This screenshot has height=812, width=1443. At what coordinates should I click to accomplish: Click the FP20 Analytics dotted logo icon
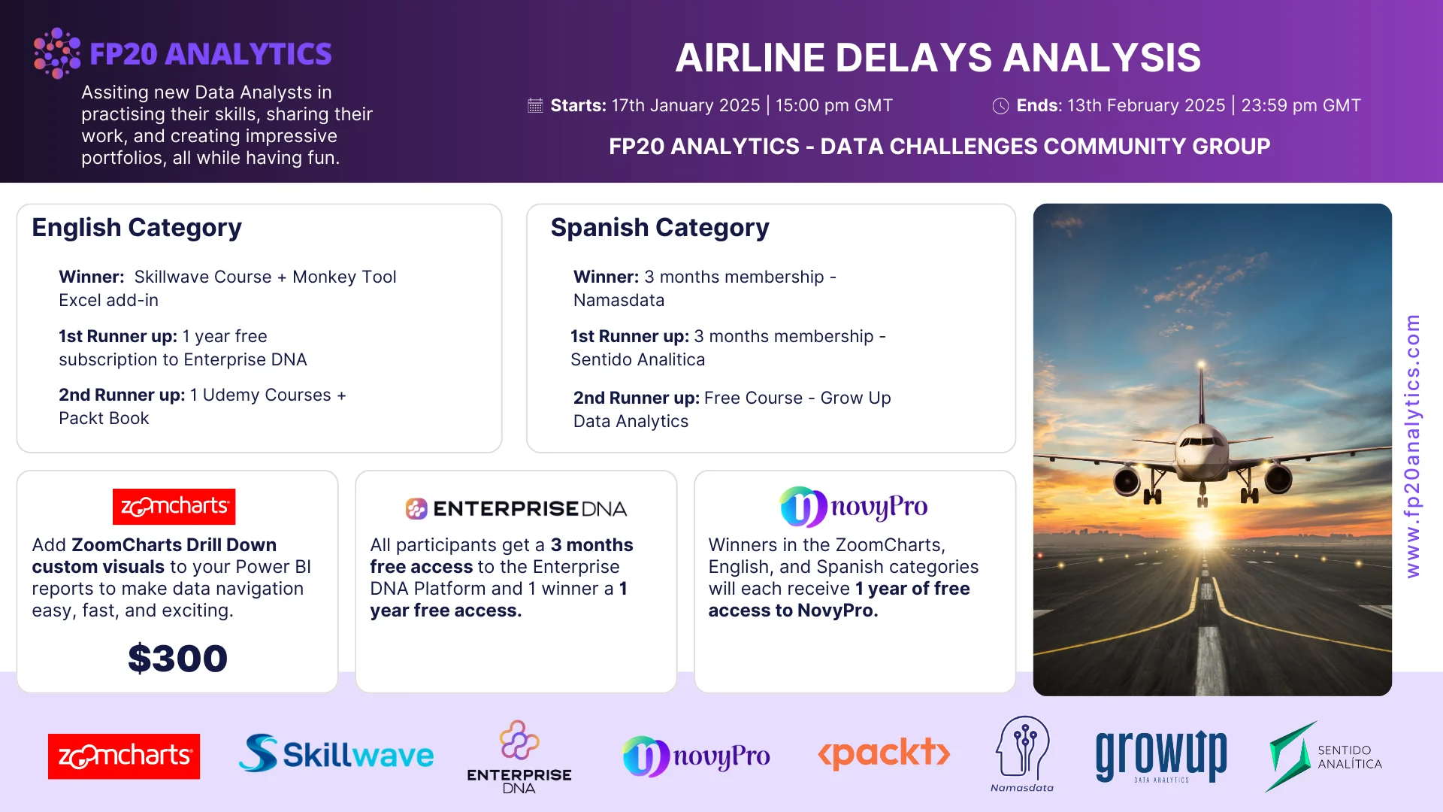[57, 53]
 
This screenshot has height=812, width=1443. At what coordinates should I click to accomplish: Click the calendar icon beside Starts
[535, 105]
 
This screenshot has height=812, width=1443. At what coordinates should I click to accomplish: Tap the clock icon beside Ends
[1000, 106]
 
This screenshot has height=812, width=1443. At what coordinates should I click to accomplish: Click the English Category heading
[137, 227]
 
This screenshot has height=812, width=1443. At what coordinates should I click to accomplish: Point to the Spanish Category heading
[660, 227]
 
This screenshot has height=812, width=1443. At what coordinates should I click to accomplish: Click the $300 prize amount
[177, 658]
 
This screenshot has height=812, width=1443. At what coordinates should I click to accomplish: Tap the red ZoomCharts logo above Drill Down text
[174, 507]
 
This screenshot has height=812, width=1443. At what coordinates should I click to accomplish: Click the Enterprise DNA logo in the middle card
[516, 509]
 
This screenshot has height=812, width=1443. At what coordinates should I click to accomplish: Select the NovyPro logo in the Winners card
[854, 507]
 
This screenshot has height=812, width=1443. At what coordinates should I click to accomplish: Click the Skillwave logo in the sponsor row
[336, 754]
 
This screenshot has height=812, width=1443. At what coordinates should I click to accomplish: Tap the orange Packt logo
[884, 753]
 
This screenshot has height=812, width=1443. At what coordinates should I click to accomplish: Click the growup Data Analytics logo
[1161, 756]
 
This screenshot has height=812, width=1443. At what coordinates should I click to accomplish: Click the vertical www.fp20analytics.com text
[1413, 446]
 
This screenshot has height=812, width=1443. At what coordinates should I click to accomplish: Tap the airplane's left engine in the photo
[1127, 480]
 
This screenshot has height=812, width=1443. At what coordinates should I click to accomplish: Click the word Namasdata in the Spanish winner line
[619, 300]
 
